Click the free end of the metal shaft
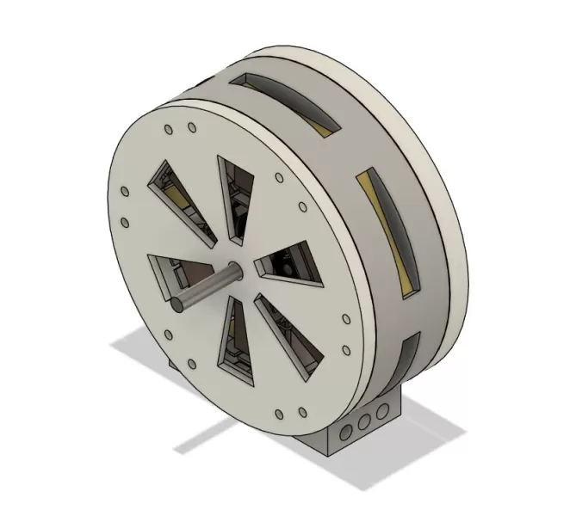click(175, 303)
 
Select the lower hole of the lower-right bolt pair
click(346, 350)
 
